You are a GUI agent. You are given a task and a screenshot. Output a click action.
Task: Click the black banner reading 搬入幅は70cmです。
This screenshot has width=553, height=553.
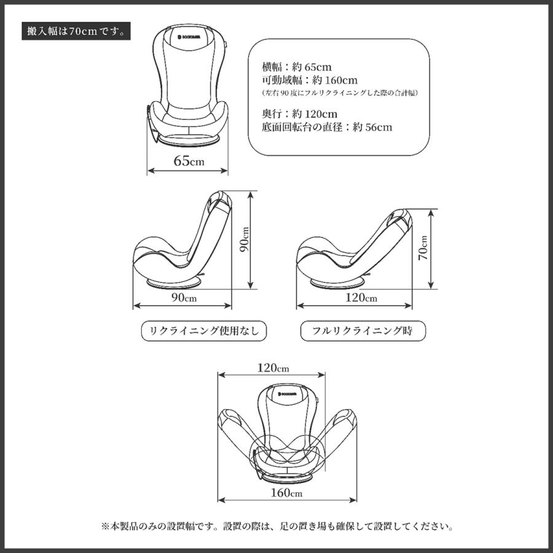point(76,31)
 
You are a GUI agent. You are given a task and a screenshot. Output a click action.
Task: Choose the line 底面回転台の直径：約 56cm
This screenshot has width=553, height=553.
point(327,127)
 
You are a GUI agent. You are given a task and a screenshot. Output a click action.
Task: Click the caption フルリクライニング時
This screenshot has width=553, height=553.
point(362,331)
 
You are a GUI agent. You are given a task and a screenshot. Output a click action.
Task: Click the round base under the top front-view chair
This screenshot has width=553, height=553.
point(189,139)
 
